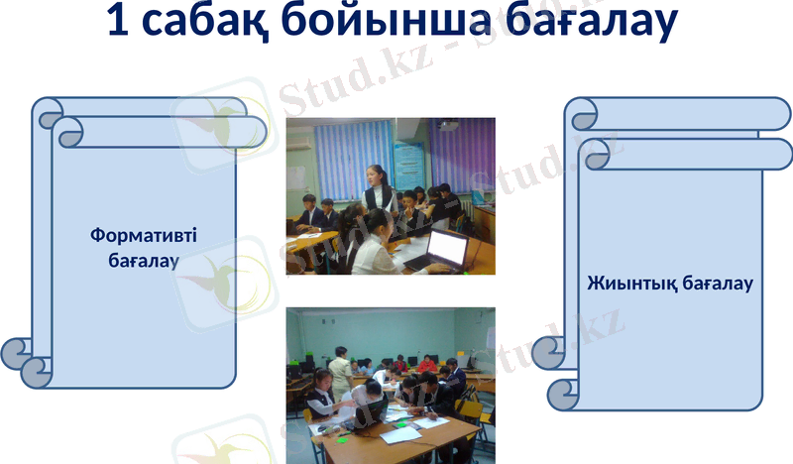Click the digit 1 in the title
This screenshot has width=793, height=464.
pyautogui.click(x=118, y=24)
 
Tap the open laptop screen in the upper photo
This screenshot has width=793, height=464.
pyautogui.click(x=448, y=248)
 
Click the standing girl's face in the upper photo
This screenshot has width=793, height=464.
pyautogui.click(x=375, y=175)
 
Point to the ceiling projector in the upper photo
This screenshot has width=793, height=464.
pyautogui.click(x=448, y=126)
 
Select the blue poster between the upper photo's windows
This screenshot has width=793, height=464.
pyautogui.click(x=408, y=163)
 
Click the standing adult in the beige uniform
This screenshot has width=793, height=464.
pyautogui.click(x=339, y=372)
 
